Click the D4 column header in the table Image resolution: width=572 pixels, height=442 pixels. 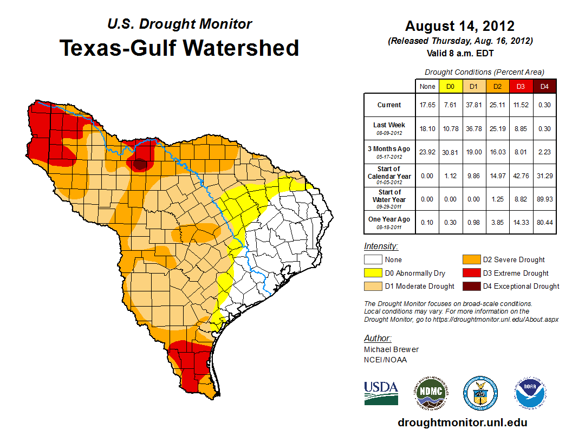pos(544,86)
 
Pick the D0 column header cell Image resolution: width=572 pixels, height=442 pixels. pos(450,86)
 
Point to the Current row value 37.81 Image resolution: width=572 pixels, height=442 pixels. pos(473,105)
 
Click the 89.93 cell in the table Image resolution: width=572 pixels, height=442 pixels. pos(544,199)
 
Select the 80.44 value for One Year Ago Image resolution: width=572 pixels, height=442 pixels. pos(544,222)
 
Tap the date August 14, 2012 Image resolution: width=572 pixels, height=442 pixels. pos(460,26)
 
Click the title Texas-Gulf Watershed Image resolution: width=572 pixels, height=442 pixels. pos(179,48)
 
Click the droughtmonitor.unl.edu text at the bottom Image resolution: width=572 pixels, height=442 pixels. pos(462,422)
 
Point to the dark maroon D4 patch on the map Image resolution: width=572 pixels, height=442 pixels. pos(140,164)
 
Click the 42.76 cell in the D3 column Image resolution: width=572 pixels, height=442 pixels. pos(521,176)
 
